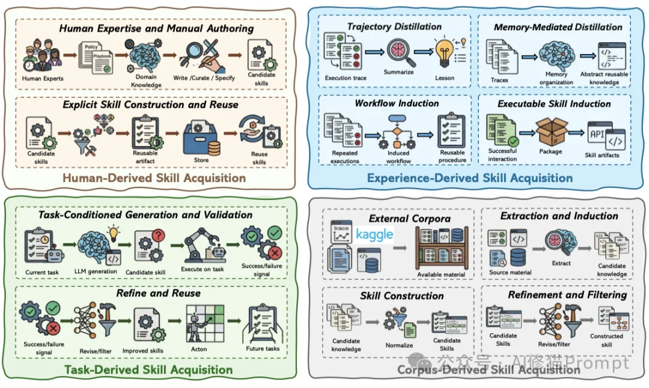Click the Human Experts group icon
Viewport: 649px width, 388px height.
coord(43,55)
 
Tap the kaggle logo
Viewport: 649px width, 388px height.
coord(374,234)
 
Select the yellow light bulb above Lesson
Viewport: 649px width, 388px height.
coord(445,53)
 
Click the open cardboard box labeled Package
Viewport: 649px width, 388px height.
coord(552,132)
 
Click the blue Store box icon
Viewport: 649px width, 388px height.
coord(201,138)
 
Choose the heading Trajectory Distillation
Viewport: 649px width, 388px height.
coord(394,26)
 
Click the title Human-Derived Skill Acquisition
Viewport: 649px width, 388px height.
coord(154,178)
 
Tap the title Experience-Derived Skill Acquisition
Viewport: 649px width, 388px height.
coord(470,178)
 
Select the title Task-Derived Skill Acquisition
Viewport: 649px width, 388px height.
coord(148,369)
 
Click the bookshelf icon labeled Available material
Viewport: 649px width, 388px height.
coord(442,247)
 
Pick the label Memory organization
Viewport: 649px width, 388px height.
coord(556,78)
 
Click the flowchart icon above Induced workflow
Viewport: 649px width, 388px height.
coord(398,132)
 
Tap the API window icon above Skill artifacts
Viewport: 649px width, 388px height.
coord(606,135)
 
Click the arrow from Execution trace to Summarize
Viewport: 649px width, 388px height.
coord(374,52)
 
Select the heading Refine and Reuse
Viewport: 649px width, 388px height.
coord(159,293)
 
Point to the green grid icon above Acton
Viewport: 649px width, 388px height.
coord(205,323)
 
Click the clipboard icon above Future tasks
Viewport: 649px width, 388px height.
coord(263,324)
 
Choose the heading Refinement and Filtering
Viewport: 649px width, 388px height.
coord(567,295)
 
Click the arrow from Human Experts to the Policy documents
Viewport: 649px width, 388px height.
coord(70,55)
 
